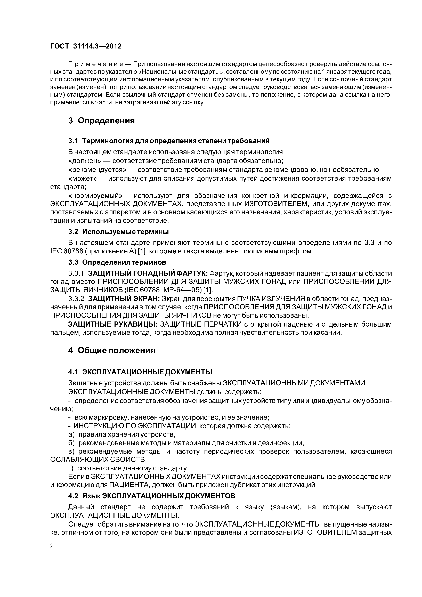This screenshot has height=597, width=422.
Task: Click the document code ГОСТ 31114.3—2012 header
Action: click(86, 46)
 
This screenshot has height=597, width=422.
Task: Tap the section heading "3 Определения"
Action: click(101, 121)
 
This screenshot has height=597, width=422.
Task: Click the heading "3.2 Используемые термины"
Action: click(118, 231)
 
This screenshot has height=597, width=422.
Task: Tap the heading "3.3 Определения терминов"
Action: click(117, 262)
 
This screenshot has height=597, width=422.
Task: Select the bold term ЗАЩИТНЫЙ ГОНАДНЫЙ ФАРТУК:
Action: click(148, 273)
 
